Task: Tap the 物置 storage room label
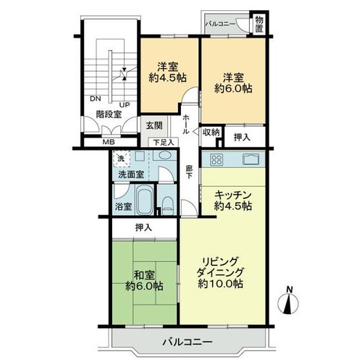coord(259,23)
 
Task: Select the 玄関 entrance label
coord(154,126)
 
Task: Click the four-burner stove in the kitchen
coord(216,159)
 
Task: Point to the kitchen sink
coord(251,159)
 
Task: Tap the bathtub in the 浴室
coord(145,200)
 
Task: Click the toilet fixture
coord(167,206)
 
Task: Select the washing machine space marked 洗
coord(122,159)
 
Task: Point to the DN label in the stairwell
coord(96,98)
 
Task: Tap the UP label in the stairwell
coord(125,105)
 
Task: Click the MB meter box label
coord(109,142)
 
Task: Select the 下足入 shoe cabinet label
coord(164,142)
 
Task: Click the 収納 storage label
coord(211,132)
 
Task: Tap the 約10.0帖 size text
coord(220,284)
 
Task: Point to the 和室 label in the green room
coord(144,275)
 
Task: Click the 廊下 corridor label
coord(189,172)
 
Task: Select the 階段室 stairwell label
coord(109,114)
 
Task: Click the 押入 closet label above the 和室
coord(144,227)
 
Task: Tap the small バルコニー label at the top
coord(220,24)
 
